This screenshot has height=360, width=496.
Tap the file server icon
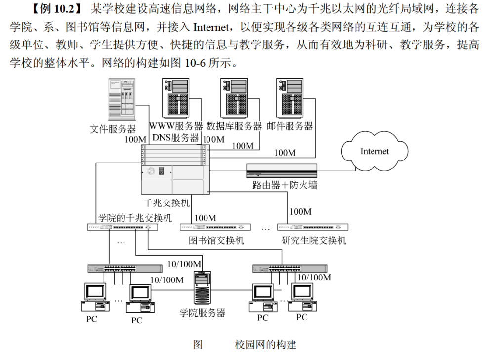[122, 101]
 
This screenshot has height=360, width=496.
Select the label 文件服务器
[113, 129]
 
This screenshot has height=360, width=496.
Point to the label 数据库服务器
[234, 126]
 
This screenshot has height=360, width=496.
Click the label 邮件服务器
[289, 126]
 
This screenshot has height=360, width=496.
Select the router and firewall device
[281, 171]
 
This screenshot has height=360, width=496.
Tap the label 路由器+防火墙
[285, 185]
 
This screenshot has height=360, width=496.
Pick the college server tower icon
[203, 289]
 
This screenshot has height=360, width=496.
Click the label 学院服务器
[203, 313]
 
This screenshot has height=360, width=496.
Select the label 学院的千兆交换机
[135, 217]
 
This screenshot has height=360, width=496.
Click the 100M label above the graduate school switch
[300, 212]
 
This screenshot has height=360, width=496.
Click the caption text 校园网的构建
[265, 344]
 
